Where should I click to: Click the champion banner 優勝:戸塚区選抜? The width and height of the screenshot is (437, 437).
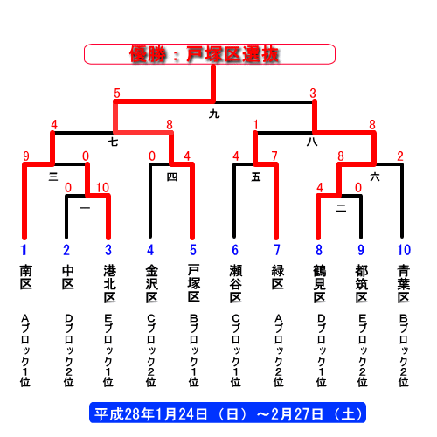coord(210,54)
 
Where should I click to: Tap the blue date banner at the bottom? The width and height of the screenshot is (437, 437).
coord(227,413)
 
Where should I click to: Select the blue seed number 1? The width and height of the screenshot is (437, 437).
coord(24,250)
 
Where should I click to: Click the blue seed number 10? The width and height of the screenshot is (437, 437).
coord(404,250)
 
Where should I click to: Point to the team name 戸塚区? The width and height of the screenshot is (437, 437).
coord(193,283)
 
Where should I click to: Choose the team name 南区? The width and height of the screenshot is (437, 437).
coord(26,277)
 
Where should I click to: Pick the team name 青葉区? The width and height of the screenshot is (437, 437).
coord(404,283)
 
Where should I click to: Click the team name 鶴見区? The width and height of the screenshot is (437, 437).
coord(320,283)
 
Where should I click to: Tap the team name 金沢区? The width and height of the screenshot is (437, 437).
coord(152,283)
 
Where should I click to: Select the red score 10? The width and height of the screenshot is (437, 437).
coord(103,188)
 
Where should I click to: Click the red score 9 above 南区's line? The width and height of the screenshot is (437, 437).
coord(26,156)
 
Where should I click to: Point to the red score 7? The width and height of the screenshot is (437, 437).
coord(274,156)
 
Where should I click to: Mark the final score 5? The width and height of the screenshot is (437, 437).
coord(117,94)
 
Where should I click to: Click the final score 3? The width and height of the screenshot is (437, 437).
coord(313,94)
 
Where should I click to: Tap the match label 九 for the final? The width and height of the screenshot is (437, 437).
coord(214,114)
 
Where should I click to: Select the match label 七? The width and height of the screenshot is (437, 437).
coord(113,142)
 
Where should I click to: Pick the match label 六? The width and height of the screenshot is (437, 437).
coord(375,177)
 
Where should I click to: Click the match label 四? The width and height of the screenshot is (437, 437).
coord(172,177)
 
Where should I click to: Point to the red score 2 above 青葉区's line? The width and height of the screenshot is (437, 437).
coord(400,156)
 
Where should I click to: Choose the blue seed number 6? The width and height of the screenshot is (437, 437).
coord(235,250)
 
